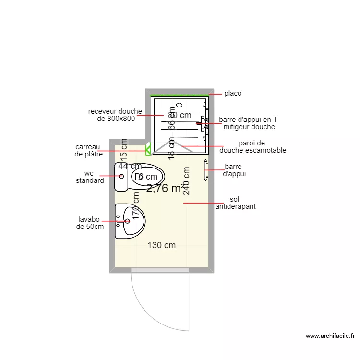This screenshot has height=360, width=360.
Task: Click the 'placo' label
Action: point(233,94)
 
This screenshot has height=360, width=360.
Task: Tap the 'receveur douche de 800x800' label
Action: point(115,115)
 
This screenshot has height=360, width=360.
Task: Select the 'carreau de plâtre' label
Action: point(89,151)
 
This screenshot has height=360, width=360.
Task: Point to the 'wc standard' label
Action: point(90,177)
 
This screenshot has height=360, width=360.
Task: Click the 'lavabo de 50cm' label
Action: point(90,223)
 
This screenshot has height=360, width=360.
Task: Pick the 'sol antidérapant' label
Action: point(235,203)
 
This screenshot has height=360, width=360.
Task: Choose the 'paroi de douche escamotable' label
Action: point(252,146)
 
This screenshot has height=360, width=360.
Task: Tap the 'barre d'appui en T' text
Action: point(248,120)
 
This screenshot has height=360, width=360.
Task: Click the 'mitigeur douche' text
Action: point(249,127)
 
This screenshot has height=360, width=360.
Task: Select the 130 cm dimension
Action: point(161,245)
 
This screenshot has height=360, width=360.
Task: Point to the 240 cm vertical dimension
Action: point(187,180)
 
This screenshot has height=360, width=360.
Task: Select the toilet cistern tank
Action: point(121,177)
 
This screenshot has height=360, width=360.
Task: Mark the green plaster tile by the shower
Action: point(148,149)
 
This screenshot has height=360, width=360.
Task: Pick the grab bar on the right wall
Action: point(206,170)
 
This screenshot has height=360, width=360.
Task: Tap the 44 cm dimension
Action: point(130,166)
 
